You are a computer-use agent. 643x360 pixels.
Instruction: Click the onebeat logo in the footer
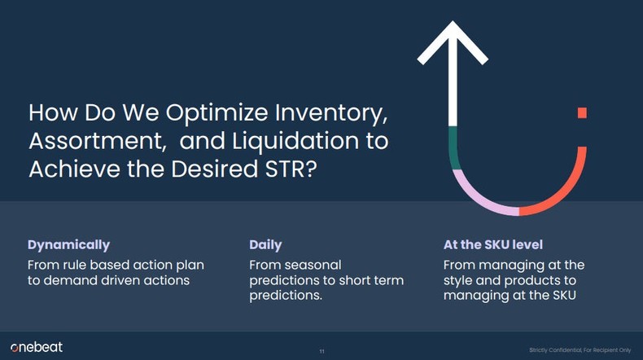pos(36,347)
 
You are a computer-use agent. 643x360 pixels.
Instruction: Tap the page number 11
pos(321,351)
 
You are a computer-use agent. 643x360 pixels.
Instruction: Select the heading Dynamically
pos(68,244)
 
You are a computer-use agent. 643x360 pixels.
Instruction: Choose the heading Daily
pos(265,244)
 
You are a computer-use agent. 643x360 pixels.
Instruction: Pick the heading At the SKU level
pos(492,244)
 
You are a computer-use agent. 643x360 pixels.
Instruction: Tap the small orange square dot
pos(582,112)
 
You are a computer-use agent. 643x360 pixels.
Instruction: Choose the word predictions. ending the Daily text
pos(285,295)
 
